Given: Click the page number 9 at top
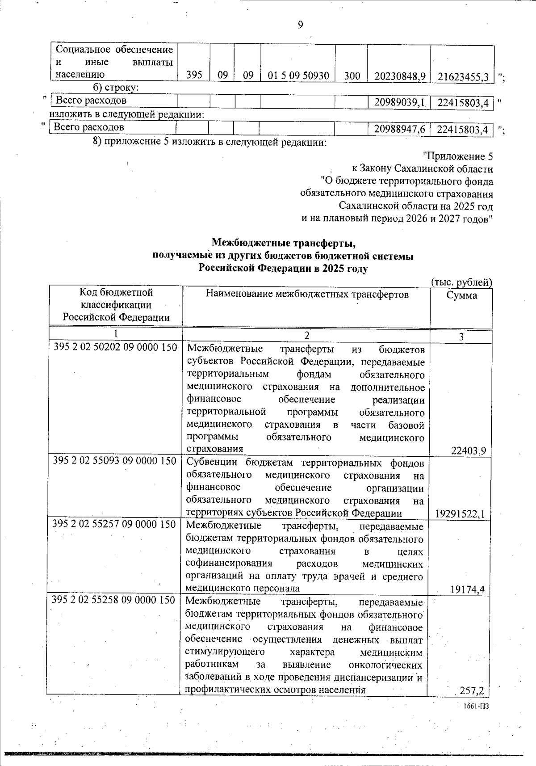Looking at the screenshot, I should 300,25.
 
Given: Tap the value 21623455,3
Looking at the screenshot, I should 462,76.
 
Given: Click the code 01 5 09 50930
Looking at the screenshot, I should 298,76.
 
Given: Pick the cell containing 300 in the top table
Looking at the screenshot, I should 352,76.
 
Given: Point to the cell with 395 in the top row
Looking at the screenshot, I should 194,76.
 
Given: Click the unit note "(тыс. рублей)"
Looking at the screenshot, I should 461,282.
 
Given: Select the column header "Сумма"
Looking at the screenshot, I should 461,295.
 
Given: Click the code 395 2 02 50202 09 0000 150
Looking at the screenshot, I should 115,347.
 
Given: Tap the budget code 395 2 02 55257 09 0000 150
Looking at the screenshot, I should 114,524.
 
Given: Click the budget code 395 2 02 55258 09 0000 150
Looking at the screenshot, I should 113,600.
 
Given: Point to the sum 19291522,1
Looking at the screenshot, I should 460,514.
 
